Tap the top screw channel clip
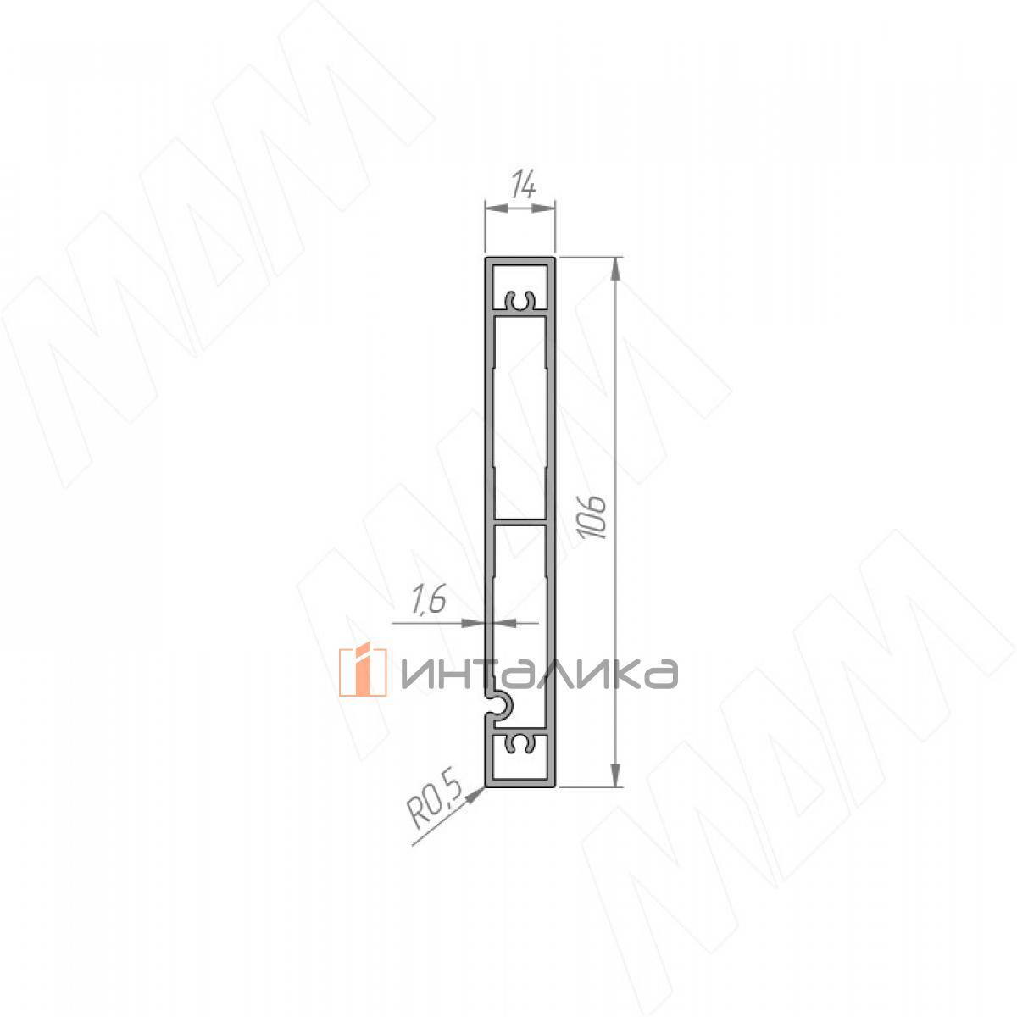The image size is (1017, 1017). [520, 300]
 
